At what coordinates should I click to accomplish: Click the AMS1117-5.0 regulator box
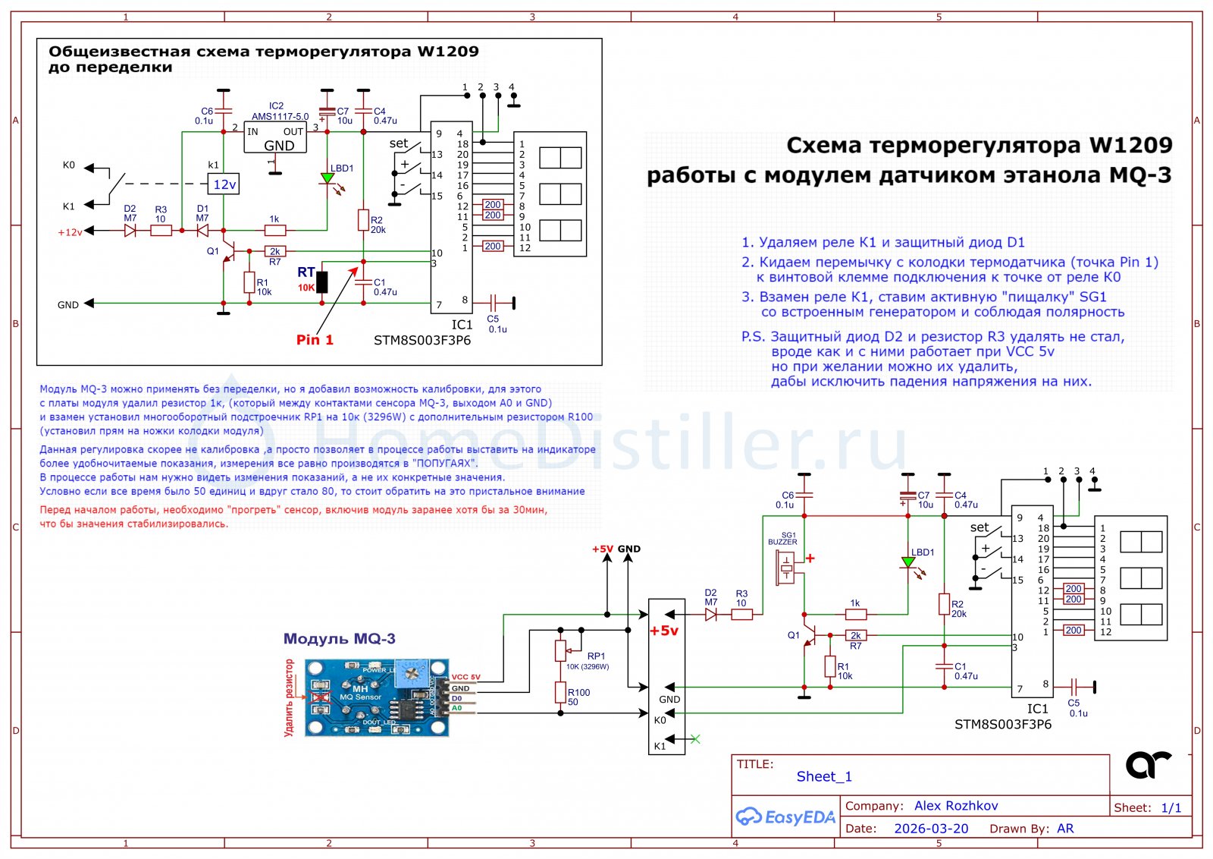point(275,138)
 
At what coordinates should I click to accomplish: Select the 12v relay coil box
point(224,184)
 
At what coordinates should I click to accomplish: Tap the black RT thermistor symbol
point(322,282)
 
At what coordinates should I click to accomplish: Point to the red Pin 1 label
point(315,340)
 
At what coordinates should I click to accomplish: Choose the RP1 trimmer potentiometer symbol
point(560,650)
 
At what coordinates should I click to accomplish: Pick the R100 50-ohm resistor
point(560,692)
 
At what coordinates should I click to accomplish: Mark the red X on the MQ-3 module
point(321,697)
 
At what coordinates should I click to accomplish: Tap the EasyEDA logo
point(785,817)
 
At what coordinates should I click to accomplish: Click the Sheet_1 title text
point(824,776)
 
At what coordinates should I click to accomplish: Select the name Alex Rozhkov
point(956,806)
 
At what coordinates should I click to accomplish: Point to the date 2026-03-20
point(931,829)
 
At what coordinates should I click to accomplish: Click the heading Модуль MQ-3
point(339,639)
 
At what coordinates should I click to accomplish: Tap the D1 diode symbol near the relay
point(202,230)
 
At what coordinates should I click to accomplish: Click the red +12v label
point(70,232)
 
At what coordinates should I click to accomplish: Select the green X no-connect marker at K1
point(695,739)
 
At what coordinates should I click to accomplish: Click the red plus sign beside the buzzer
point(810,559)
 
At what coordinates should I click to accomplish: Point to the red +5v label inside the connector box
point(664,631)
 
